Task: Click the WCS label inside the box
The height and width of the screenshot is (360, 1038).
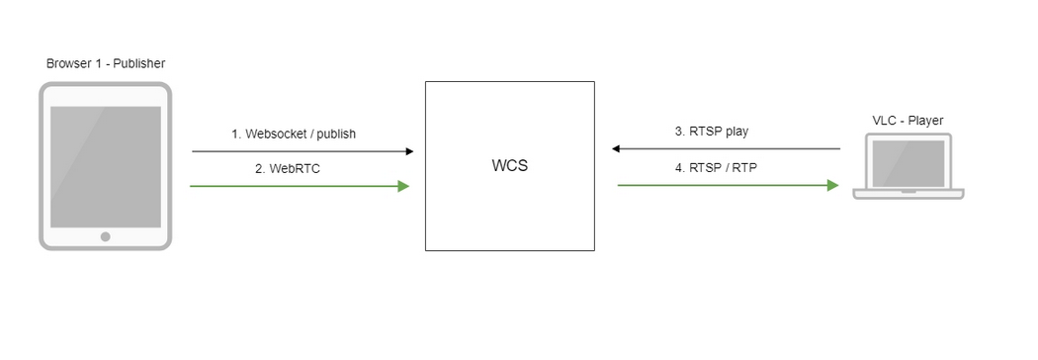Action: tap(509, 165)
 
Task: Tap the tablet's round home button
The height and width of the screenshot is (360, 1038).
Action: tap(105, 236)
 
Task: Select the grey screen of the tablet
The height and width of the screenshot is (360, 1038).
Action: tap(105, 165)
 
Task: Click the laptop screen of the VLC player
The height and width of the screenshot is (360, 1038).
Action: tap(908, 163)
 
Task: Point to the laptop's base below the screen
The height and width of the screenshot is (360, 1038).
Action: tap(908, 194)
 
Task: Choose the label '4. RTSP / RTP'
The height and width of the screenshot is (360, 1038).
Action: tap(717, 167)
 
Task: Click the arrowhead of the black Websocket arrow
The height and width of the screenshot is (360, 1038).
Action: tap(408, 151)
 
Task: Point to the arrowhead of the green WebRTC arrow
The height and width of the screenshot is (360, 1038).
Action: tap(403, 185)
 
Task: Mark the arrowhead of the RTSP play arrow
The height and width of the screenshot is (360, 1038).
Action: tap(616, 148)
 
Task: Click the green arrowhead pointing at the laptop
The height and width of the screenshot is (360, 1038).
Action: tap(832, 184)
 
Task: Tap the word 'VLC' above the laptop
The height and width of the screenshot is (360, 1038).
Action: tap(884, 121)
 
